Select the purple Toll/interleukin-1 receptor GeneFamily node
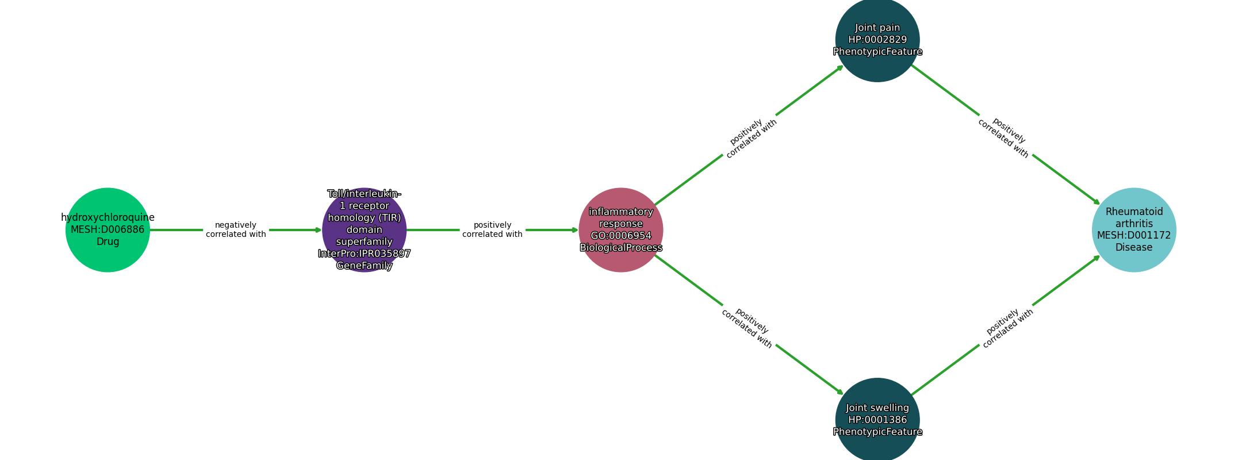364,230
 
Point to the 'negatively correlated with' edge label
236,230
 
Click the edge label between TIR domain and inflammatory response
492,230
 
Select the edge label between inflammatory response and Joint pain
750,138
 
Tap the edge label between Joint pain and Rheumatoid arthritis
1006,138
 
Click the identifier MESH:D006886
108,229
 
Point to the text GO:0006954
621,236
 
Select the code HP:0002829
877,40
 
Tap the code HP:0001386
877,420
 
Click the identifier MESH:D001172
1134,235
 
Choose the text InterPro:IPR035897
364,254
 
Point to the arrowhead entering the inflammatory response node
574,230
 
